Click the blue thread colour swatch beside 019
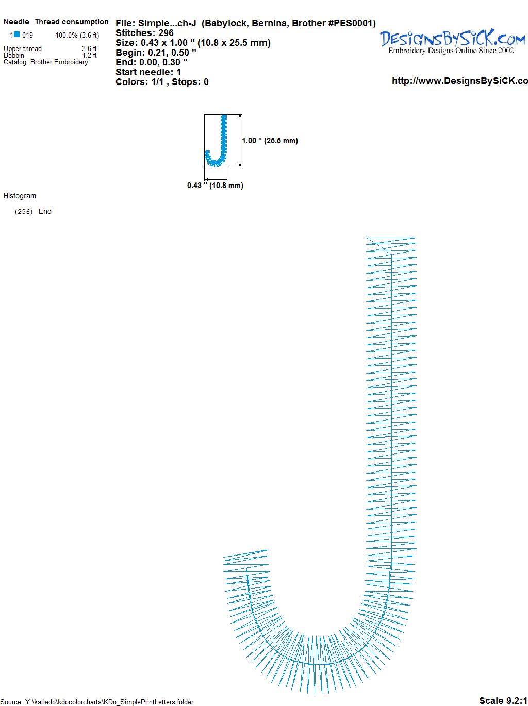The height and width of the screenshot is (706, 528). pyautogui.click(x=16, y=35)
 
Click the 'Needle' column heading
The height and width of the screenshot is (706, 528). pyautogui.click(x=16, y=22)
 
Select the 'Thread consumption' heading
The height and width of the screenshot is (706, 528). pyautogui.click(x=72, y=22)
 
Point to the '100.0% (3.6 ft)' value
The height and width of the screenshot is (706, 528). pyautogui.click(x=77, y=36)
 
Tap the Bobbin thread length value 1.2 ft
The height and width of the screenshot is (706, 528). pyautogui.click(x=89, y=55)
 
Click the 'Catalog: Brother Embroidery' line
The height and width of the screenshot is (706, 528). pyautogui.click(x=46, y=62)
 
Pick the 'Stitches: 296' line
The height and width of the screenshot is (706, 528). pyautogui.click(x=144, y=33)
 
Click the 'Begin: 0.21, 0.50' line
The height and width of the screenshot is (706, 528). pyautogui.click(x=156, y=53)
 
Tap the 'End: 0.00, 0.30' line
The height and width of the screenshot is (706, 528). pyautogui.click(x=152, y=62)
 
